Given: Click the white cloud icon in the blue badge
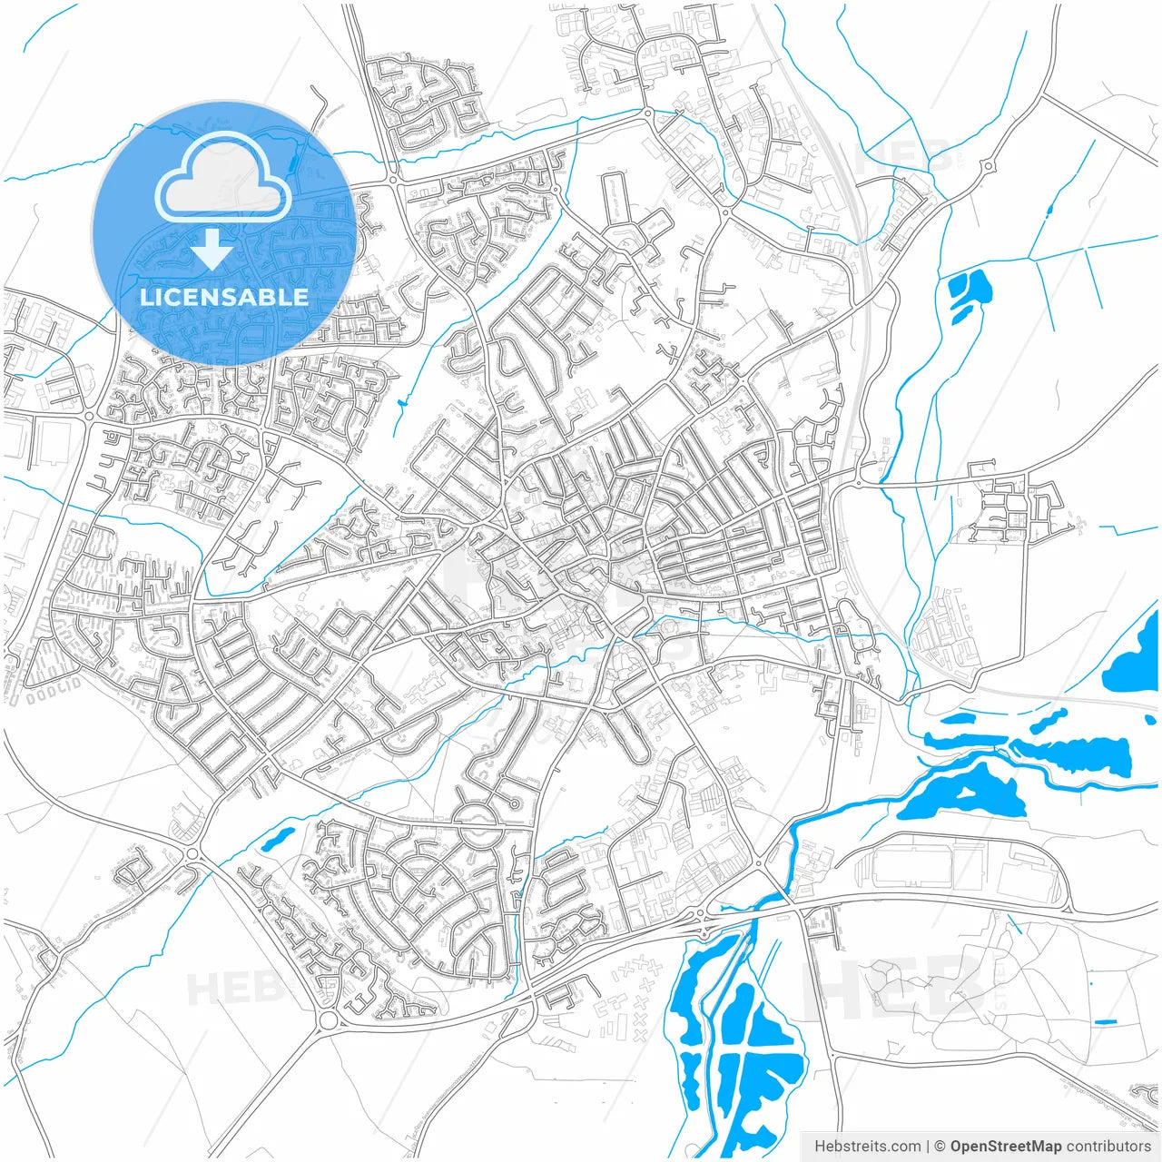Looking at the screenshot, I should coord(223,178).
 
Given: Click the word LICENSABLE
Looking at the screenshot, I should coord(223,297).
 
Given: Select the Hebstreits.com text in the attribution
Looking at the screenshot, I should coord(867,1147).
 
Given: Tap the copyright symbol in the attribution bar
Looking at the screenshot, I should coord(940,1147).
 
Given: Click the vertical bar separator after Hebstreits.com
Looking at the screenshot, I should coord(928,1147).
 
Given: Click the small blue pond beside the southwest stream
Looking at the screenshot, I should coord(278,838).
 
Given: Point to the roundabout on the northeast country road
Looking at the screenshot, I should coord(987,166).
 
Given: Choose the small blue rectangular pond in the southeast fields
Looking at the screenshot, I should coord(1105,1023).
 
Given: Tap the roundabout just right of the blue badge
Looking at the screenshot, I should coord(393,180).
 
